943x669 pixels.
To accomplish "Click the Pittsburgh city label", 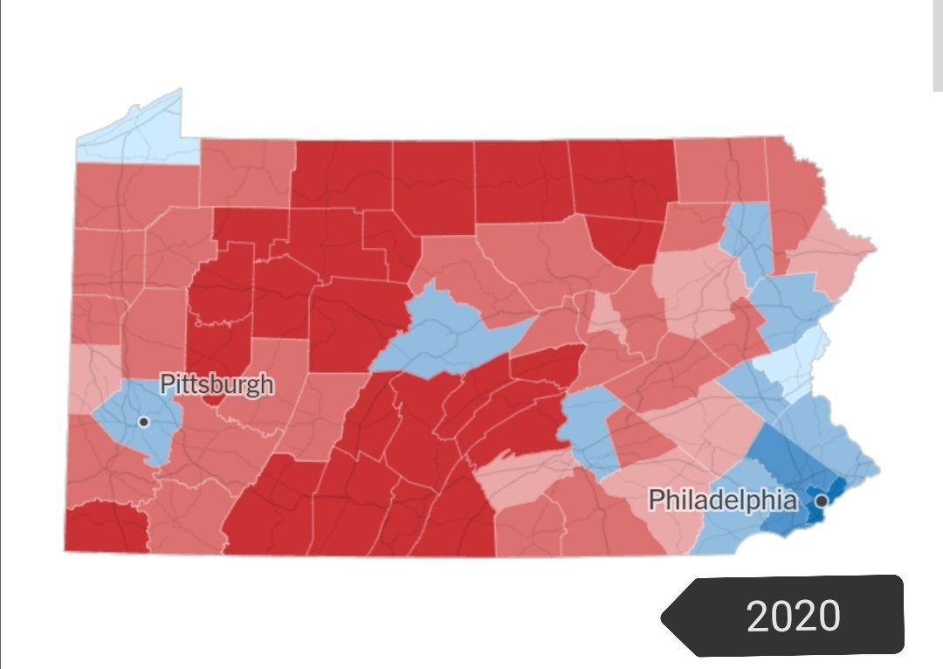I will pos(217,384).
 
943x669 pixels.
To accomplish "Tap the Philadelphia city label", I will pos(723,500).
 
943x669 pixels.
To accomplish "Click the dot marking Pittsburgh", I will pos(144,422).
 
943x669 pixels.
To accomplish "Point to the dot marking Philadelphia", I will pos(821,501).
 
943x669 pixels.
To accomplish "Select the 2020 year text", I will pos(794,617).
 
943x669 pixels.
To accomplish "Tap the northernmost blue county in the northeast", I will pos(747,236).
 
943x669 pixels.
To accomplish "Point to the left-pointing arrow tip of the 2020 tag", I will pos(665,617).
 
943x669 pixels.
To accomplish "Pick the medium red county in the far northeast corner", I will pos(795,192).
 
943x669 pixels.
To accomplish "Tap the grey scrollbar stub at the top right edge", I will pos(937,44).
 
